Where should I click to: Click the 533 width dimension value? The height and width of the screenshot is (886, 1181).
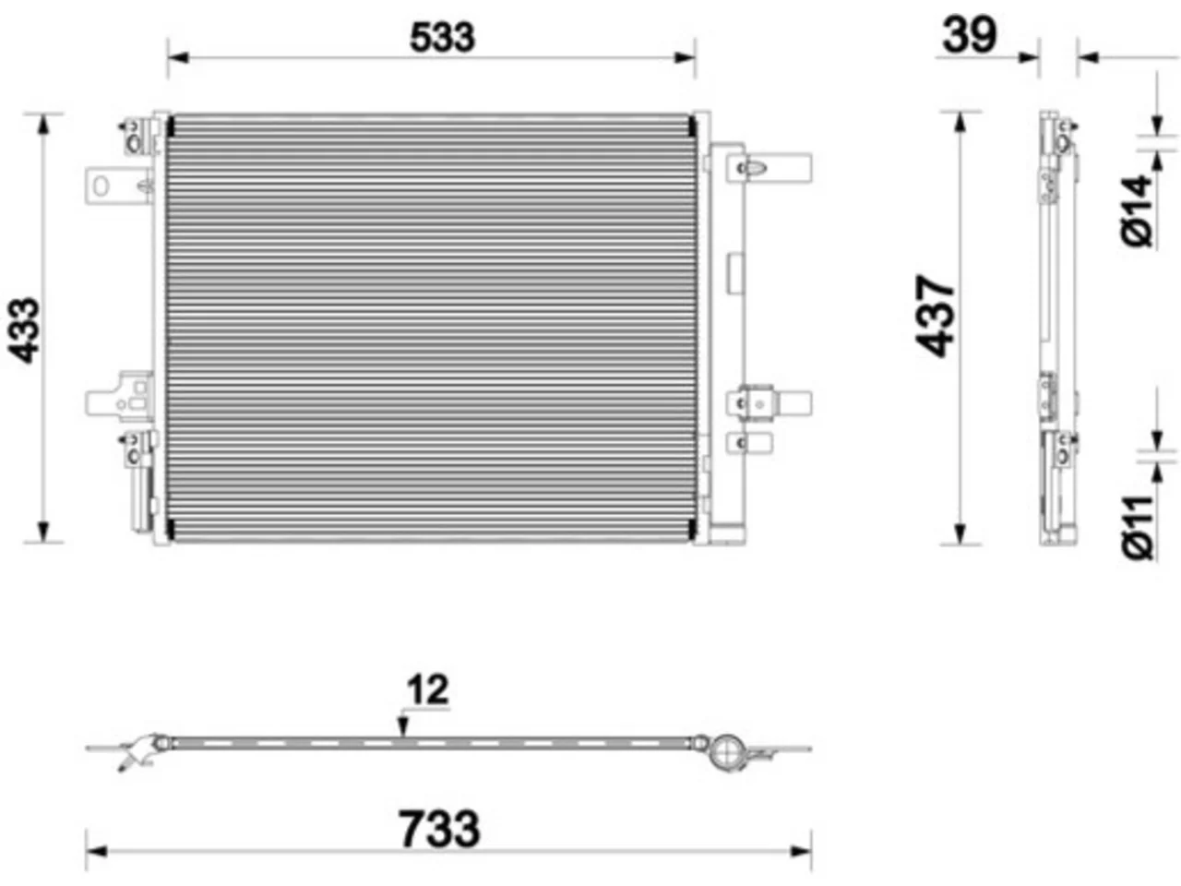click(442, 38)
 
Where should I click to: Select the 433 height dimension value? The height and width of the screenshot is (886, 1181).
click(24, 330)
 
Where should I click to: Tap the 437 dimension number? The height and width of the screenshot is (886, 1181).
click(936, 317)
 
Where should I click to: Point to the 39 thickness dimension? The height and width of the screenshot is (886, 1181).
click(970, 35)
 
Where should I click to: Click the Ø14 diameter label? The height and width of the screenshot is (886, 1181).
click(1138, 210)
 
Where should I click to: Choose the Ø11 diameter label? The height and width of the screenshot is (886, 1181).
click(1138, 527)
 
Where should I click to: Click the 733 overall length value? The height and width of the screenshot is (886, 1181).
click(439, 829)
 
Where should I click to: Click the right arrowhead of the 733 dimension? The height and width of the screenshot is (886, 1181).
click(801, 852)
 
